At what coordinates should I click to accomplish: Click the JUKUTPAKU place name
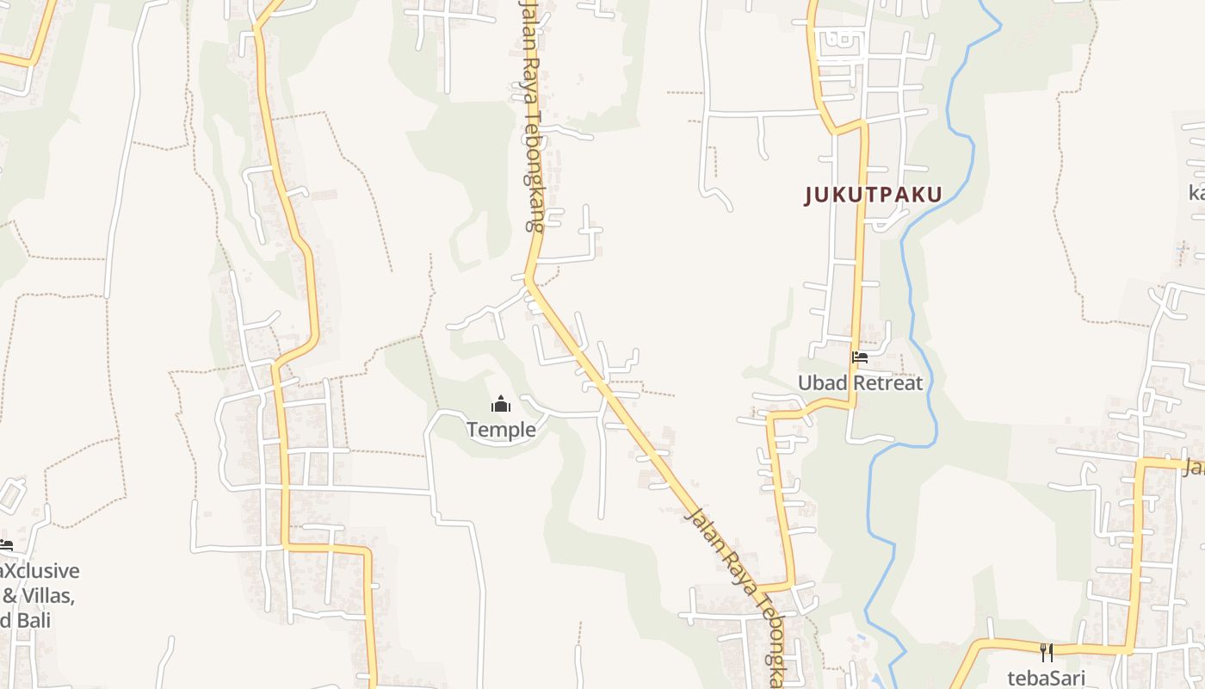pyautogui.click(x=874, y=196)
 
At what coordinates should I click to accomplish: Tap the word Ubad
pyautogui.click(x=822, y=383)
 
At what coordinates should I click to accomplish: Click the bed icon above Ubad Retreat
pyautogui.click(x=859, y=357)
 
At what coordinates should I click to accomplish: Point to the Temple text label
pyautogui.click(x=501, y=429)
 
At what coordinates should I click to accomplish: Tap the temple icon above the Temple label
pyautogui.click(x=501, y=403)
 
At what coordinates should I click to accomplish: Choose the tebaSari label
pyautogui.click(x=1046, y=678)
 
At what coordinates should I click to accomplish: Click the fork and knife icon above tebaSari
pyautogui.click(x=1046, y=653)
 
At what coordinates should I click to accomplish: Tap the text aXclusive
pyautogui.click(x=40, y=571)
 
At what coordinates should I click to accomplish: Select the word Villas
pyautogui.click(x=47, y=595)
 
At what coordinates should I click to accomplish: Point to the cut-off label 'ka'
pyautogui.click(x=1196, y=193)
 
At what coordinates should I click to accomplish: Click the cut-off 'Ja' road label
pyautogui.click(x=1193, y=468)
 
